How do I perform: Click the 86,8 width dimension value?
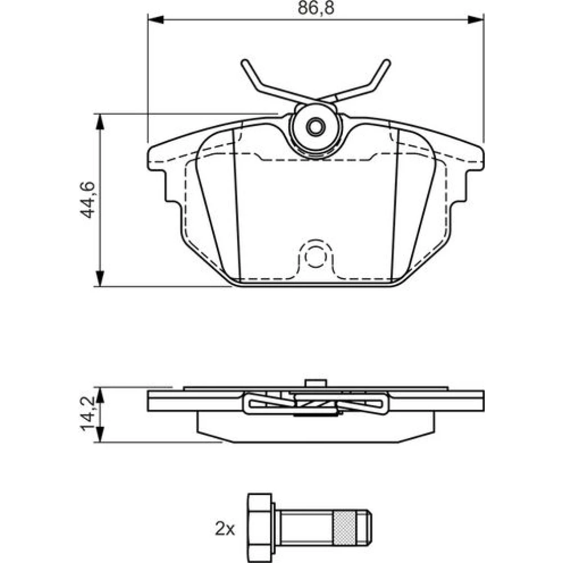click(316, 8)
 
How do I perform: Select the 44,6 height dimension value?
click(87, 200)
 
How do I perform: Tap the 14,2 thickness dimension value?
click(87, 414)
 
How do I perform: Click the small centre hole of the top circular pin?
click(316, 126)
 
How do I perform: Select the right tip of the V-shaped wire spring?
click(387, 63)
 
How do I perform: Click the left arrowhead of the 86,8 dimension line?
click(156, 20)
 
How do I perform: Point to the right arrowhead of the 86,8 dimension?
click(476, 20)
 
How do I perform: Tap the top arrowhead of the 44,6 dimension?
click(100, 122)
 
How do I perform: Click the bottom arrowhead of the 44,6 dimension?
click(100, 279)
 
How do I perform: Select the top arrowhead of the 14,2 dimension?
click(100, 395)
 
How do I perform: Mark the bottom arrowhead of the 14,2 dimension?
click(100, 435)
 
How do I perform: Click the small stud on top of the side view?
click(316, 383)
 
